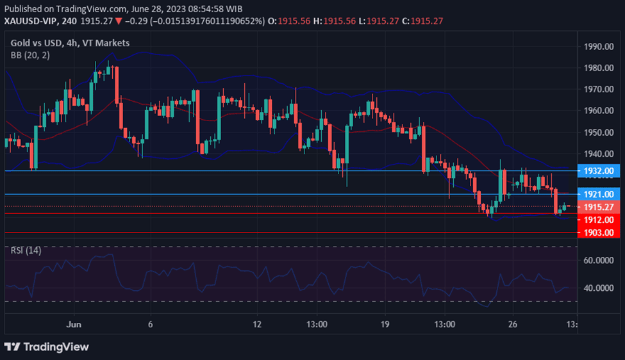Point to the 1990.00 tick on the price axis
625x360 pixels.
tap(597, 47)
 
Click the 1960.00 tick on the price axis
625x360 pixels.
tap(597, 110)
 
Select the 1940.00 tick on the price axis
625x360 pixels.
tap(597, 154)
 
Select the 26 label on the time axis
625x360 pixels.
tap(513, 324)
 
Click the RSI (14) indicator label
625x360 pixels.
tap(26, 250)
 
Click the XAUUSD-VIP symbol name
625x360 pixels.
tap(31, 21)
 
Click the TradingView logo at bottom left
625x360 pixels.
tap(46, 347)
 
